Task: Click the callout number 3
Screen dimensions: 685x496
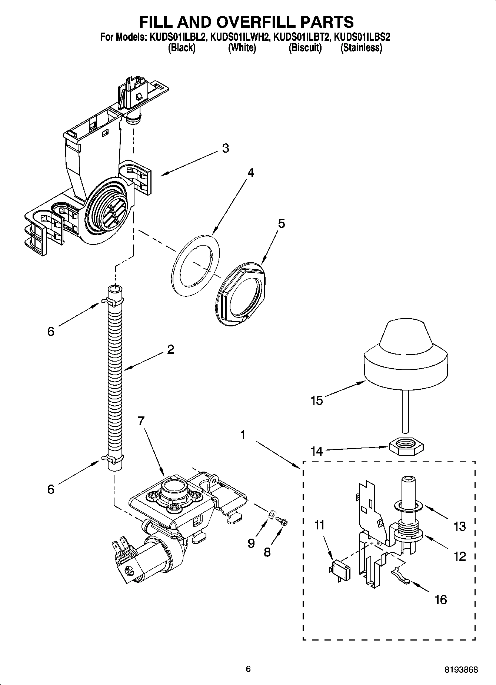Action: (x=225, y=148)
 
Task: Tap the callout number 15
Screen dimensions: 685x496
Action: (x=317, y=400)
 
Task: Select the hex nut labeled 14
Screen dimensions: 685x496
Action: (x=407, y=443)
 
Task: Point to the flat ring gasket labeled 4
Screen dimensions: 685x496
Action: (x=196, y=265)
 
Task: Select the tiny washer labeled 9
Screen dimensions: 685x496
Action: (x=271, y=513)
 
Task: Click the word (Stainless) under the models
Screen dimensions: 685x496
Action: (x=361, y=48)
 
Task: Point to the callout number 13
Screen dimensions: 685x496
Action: (x=459, y=526)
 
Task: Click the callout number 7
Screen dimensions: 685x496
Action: (x=141, y=421)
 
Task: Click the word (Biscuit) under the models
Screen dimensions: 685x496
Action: (x=305, y=48)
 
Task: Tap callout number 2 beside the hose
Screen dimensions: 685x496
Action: (x=170, y=349)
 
